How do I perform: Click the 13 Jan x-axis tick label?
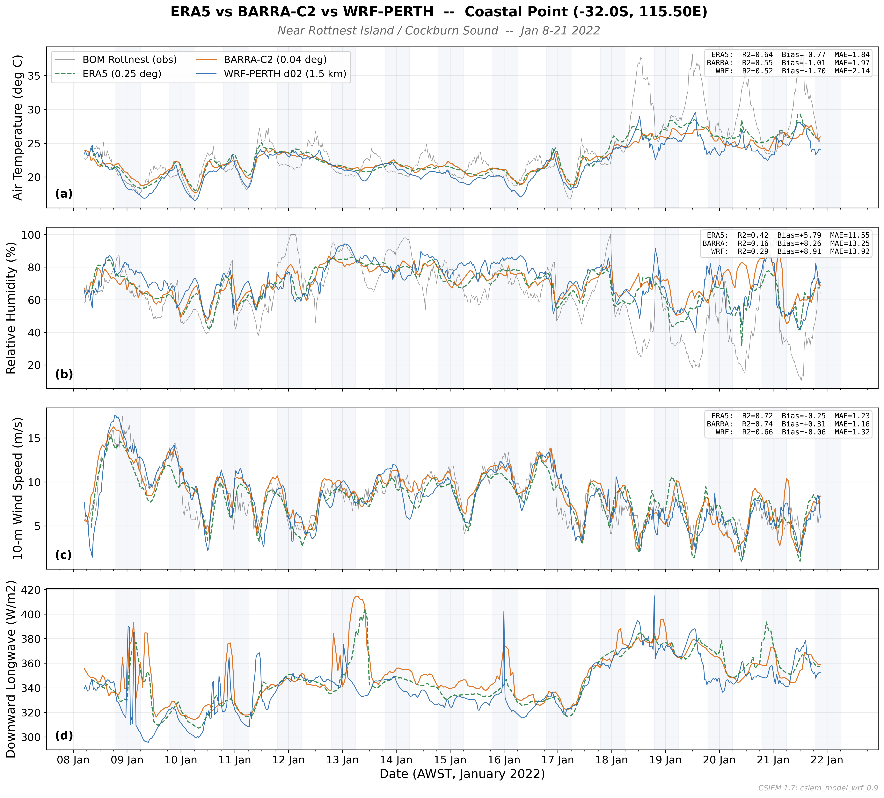click(342, 760)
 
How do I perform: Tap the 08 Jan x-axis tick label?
click(73, 760)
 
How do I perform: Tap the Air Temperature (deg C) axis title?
click(18, 127)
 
